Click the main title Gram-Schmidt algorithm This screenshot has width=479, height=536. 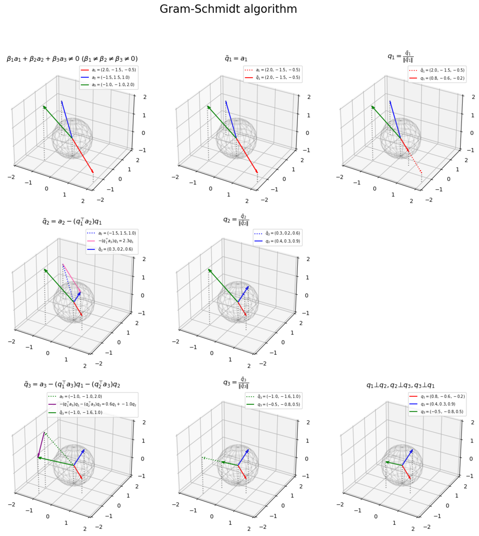tap(228, 9)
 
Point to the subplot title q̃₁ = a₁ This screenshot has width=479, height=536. tap(236, 59)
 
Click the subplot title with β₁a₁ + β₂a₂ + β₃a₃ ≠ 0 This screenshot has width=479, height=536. tap(72, 59)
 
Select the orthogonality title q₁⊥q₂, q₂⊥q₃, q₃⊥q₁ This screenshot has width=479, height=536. tap(400, 385)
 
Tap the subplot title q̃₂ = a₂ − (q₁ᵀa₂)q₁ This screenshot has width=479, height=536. tap(72, 221)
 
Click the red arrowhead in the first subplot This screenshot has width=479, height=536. tap(93, 172)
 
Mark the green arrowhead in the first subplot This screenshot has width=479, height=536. tap(44, 107)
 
